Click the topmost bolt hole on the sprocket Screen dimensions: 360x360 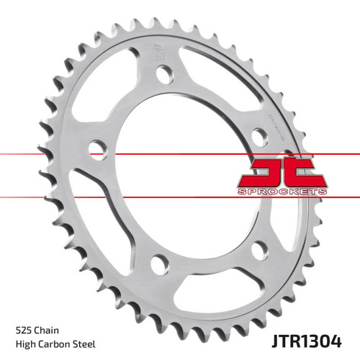pyautogui.click(x=165, y=73)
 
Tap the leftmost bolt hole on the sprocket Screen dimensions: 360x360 pyautogui.click(x=94, y=150)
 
